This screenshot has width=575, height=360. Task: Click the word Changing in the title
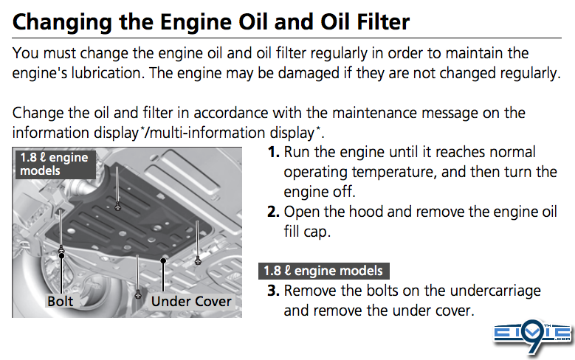62,23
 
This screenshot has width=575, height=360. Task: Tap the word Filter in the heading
383,21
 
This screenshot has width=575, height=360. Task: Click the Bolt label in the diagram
60,301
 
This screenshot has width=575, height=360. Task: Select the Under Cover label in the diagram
191,301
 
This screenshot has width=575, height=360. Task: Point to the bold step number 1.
274,152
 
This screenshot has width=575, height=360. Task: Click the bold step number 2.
274,212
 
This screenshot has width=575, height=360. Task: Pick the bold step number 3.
274,291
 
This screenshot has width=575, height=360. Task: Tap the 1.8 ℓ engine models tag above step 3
324,271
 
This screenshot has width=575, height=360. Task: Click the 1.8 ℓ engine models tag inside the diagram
55,165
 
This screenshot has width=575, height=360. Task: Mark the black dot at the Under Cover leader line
163,260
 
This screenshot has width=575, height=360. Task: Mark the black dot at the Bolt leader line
61,255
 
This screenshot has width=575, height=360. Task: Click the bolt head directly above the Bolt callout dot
61,249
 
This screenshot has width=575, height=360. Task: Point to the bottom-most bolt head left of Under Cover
138,294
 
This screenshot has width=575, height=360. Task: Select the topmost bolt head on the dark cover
117,207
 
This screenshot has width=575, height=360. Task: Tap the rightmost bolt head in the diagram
198,260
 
